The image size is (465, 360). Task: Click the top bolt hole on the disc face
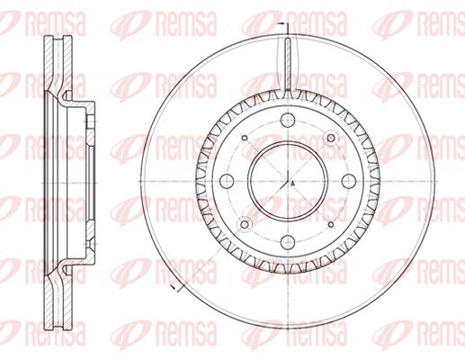(x=288, y=121)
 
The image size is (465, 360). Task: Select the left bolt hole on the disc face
(x=227, y=181)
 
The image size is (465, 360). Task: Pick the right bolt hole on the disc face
(x=348, y=181)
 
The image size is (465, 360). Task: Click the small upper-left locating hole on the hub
(x=245, y=138)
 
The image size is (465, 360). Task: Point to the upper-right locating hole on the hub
(x=331, y=138)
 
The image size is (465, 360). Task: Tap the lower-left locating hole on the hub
(x=245, y=224)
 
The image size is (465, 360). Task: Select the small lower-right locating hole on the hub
(x=331, y=224)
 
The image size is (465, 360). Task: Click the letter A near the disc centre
(x=293, y=184)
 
